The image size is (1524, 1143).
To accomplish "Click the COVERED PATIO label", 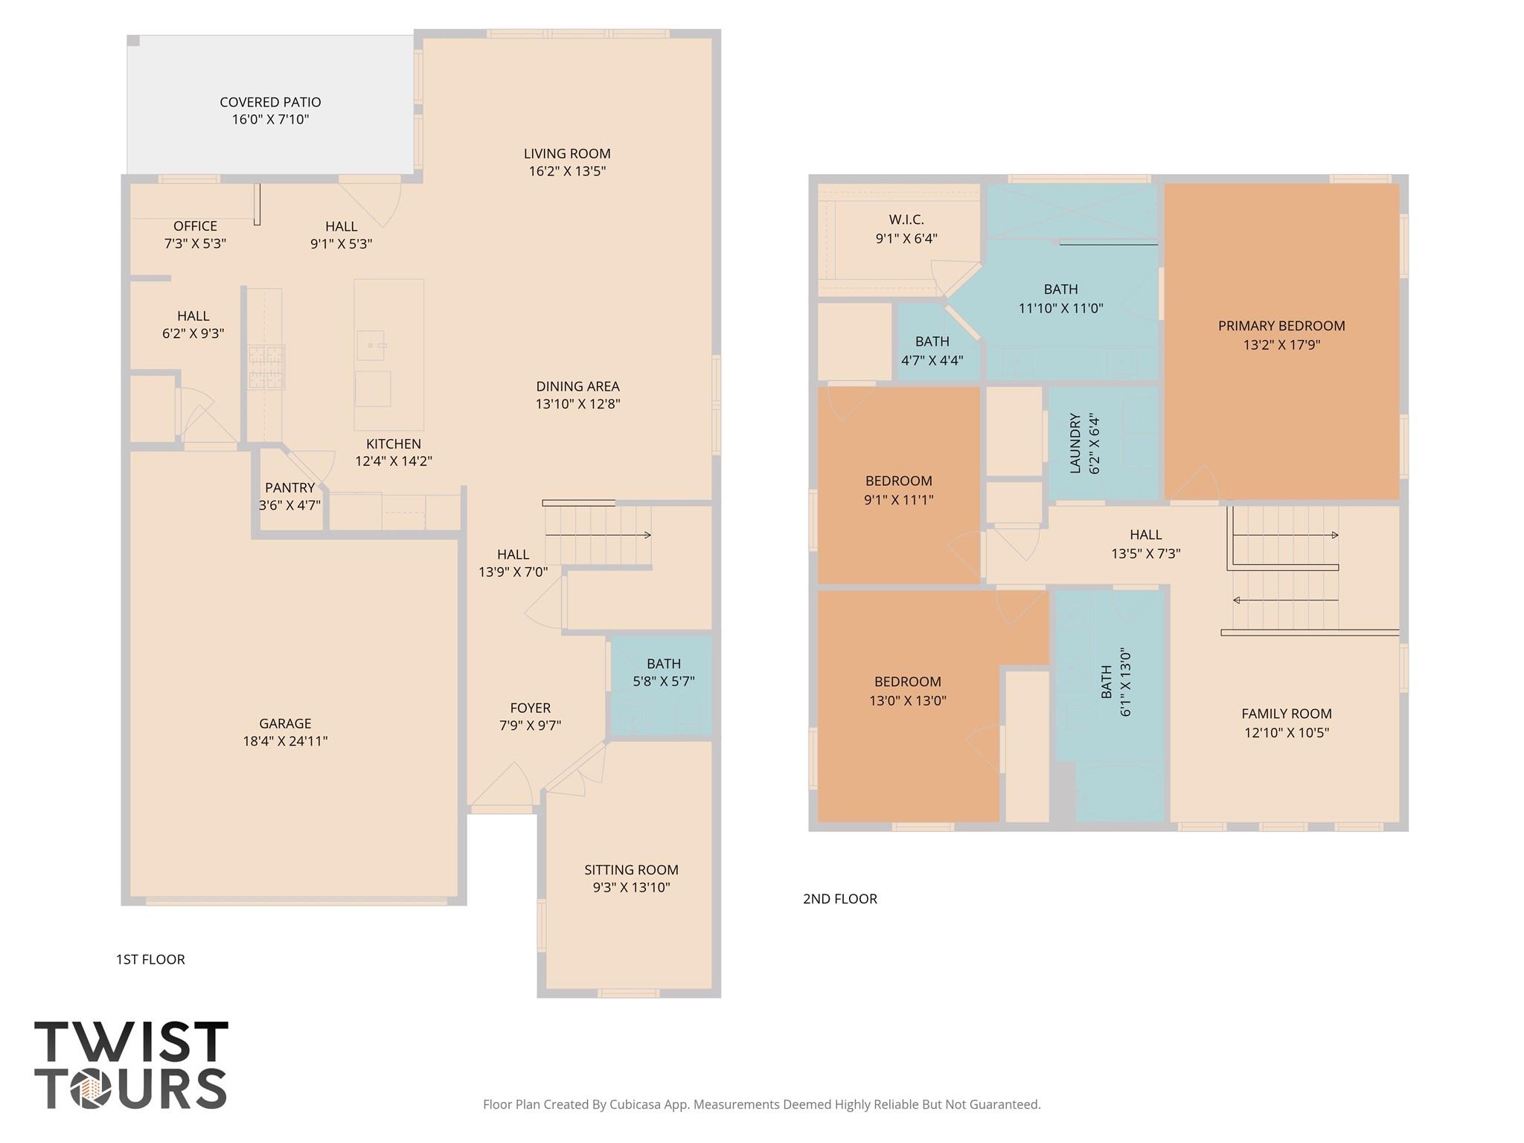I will (270, 103).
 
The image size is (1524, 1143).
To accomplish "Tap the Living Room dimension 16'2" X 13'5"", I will (567, 171).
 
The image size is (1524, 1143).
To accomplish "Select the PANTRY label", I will (289, 488).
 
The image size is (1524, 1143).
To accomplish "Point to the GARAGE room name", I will (285, 723).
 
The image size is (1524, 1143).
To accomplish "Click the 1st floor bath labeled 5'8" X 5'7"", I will (663, 673).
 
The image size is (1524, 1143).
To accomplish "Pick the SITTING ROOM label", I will (631, 870).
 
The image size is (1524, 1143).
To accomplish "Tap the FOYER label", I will (530, 708).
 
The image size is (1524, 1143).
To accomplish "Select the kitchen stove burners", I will (266, 367).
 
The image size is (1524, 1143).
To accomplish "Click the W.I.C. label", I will (906, 220).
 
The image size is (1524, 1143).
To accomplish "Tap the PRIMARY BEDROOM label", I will (1281, 326).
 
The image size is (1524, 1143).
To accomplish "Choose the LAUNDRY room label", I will (1075, 444).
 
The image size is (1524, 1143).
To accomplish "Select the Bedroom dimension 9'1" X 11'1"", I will (898, 500).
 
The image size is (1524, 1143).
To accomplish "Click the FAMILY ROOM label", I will (1286, 714).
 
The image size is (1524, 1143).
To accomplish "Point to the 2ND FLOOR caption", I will (839, 899).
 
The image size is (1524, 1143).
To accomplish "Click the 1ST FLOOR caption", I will (150, 960).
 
